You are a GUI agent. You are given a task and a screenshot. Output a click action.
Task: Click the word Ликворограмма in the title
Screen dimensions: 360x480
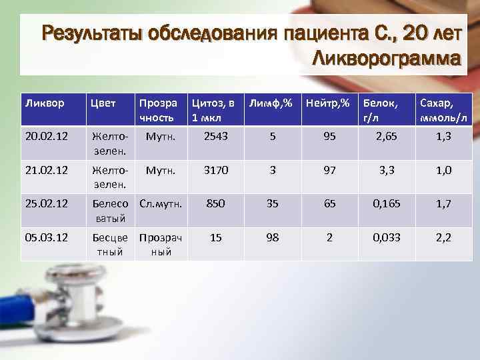click(x=386, y=59)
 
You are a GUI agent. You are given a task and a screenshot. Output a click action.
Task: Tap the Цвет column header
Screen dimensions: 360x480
click(x=103, y=103)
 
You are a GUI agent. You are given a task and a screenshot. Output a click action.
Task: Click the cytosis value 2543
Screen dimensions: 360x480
click(x=215, y=136)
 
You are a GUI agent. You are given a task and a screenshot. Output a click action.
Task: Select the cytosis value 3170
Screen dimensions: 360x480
click(x=215, y=170)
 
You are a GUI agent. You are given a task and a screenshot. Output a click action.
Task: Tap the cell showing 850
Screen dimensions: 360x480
click(x=215, y=204)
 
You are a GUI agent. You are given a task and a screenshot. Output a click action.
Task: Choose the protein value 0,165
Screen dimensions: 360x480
click(x=387, y=204)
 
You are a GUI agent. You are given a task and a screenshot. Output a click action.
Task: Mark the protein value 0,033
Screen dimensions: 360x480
click(x=387, y=238)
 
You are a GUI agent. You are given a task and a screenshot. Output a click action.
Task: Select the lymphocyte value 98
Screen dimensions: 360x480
click(x=272, y=238)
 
